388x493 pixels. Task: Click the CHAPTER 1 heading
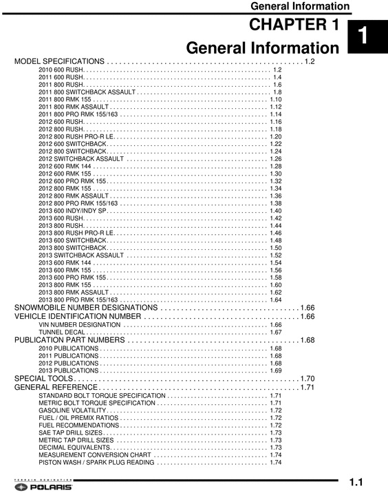(x=294, y=25)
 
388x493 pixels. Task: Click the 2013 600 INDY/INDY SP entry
(x=74, y=211)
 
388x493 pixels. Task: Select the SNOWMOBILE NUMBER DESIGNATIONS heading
(x=86, y=307)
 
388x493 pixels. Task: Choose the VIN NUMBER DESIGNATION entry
(x=80, y=324)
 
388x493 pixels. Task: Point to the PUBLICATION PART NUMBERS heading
(x=69, y=340)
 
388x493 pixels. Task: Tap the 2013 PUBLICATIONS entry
(x=69, y=370)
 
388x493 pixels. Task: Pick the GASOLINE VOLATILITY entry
(x=72, y=410)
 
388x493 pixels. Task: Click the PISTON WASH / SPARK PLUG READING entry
(x=96, y=463)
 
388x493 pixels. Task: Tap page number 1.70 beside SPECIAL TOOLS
(x=307, y=379)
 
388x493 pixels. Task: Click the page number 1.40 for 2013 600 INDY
(x=276, y=211)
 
